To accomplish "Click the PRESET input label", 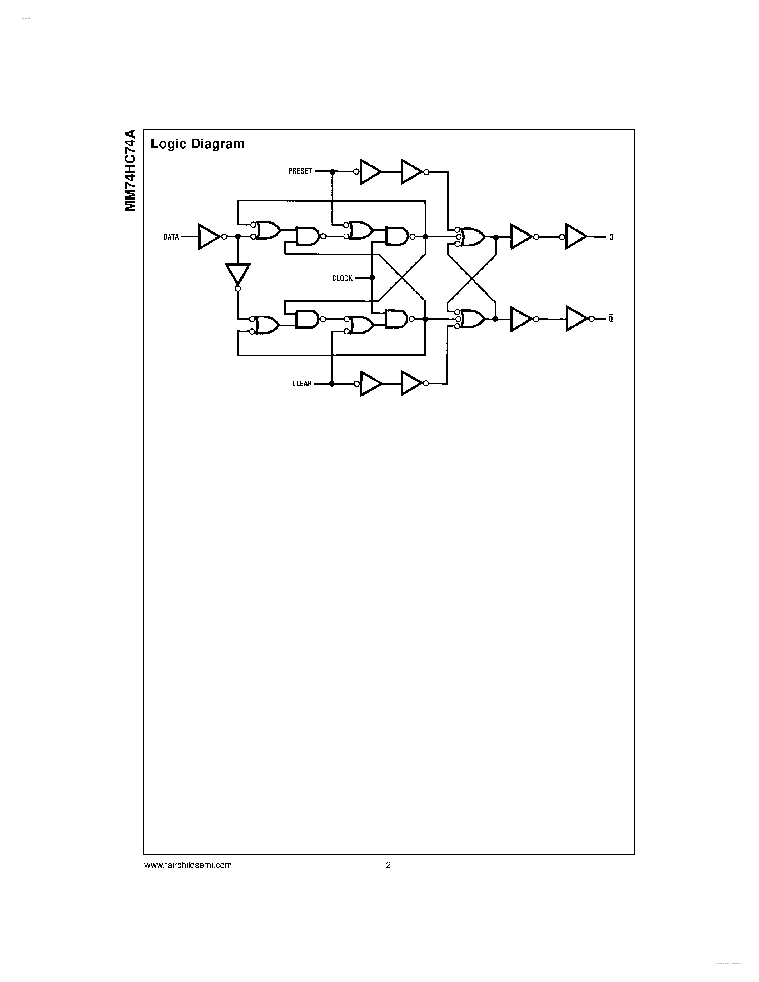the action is [x=300, y=171].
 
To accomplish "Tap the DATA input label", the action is [x=171, y=237].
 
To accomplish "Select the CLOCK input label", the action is [x=342, y=278].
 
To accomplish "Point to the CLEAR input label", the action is [x=302, y=384].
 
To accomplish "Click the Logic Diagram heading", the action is [x=198, y=144].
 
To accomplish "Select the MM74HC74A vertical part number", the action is [x=130, y=170].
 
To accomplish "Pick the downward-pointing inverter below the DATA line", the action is [x=238, y=274].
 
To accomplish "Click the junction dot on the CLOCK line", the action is [x=372, y=278].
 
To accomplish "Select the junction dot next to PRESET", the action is [x=332, y=171].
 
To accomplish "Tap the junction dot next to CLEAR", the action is [x=332, y=384].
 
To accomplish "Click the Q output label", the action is [x=611, y=237].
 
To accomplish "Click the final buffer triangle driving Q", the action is [x=575, y=236].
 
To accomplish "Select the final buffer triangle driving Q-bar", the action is [x=575, y=319].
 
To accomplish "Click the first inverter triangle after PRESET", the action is [x=370, y=171].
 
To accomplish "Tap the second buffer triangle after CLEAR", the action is [x=410, y=384].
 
